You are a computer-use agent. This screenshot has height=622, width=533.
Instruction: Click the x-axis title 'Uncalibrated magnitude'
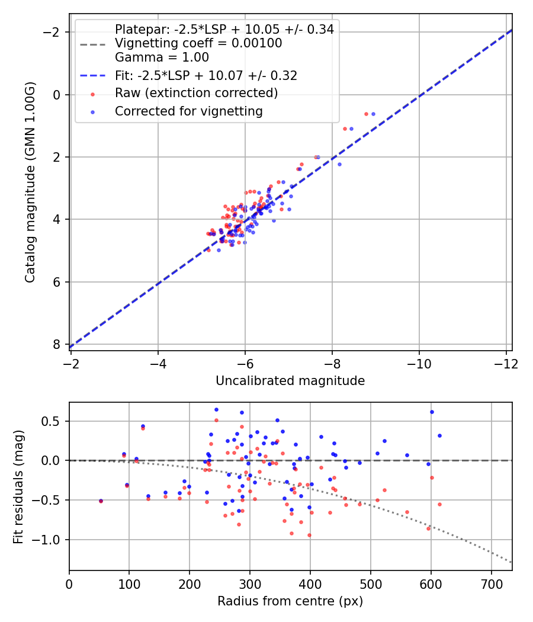click(290, 381)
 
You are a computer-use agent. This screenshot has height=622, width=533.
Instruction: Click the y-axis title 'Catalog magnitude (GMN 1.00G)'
click(31, 182)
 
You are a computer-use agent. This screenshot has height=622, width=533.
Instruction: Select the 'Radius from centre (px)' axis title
click(290, 601)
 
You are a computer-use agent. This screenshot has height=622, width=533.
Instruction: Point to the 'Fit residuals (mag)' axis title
click(19, 486)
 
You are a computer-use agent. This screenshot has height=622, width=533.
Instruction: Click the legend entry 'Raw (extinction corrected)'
click(196, 93)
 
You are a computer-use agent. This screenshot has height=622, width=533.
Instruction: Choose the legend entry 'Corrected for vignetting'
click(188, 111)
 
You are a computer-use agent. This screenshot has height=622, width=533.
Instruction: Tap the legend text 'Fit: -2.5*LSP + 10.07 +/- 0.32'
click(206, 75)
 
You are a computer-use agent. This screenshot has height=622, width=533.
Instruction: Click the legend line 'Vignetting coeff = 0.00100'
click(198, 43)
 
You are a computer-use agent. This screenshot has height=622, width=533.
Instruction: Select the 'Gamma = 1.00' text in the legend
click(162, 57)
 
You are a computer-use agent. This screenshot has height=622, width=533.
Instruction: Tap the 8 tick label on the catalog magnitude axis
click(57, 344)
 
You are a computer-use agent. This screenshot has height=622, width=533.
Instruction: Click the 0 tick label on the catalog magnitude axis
click(57, 95)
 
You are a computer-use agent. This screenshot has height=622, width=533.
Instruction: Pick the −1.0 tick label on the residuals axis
click(51, 540)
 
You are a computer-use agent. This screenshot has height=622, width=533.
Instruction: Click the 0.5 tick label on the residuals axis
click(54, 421)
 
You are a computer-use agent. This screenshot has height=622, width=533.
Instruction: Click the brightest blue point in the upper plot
click(373, 114)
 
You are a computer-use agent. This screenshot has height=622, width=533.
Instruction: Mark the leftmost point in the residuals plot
click(101, 501)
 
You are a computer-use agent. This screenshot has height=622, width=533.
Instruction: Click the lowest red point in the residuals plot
click(309, 535)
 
